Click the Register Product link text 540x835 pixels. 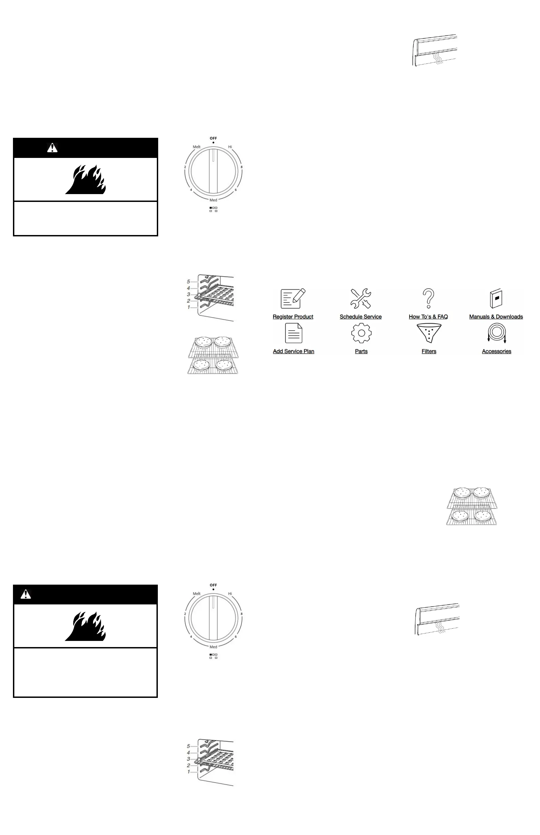[293, 317]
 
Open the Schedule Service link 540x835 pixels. [360, 317]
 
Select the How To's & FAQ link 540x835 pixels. [428, 317]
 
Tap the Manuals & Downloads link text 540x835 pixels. [496, 317]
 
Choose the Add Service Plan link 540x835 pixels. [294, 351]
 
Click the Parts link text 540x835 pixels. [361, 351]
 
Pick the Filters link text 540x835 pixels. [429, 351]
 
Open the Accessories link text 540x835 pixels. [496, 351]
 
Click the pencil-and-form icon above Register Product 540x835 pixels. [293, 298]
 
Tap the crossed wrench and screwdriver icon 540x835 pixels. [361, 298]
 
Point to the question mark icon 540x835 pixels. [429, 298]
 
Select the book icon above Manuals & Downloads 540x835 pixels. [496, 298]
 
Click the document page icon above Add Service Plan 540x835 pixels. [294, 333]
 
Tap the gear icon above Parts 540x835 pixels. [361, 333]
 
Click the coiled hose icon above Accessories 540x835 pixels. [496, 333]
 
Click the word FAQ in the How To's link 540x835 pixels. [442, 317]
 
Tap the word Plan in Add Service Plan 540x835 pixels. [309, 351]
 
